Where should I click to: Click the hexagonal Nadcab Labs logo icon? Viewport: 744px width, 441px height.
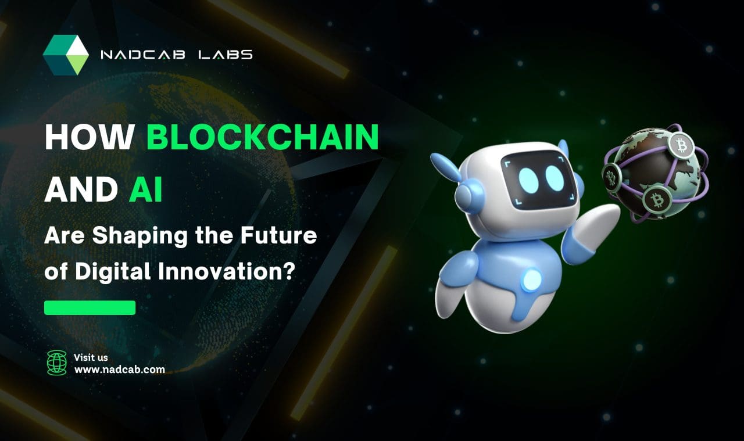pyautogui.click(x=66, y=55)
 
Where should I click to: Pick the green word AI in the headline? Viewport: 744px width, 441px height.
pyautogui.click(x=145, y=190)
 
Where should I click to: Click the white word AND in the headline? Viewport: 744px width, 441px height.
pyautogui.click(x=81, y=190)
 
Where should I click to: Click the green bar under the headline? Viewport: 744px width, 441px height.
pyautogui.click(x=90, y=307)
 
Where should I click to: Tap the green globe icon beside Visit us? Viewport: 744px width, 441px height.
pyautogui.click(x=57, y=363)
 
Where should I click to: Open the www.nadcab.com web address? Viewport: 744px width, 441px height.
pyautogui.click(x=119, y=369)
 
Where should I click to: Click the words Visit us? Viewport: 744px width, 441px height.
pyautogui.click(x=91, y=357)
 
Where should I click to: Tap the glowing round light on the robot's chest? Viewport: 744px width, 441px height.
pyautogui.click(x=530, y=281)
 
